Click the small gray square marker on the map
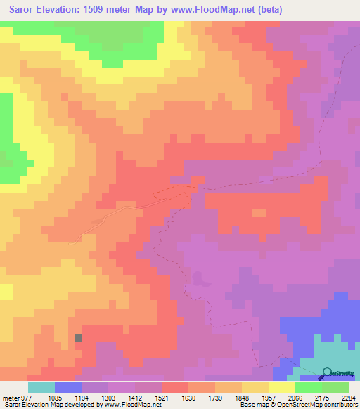click(78, 338)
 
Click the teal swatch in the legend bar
click(41, 388)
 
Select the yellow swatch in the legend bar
click(282, 388)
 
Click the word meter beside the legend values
click(9, 398)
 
